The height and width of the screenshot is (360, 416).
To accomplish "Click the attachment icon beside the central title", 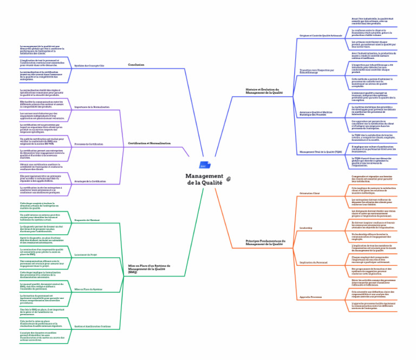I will click(x=229, y=178).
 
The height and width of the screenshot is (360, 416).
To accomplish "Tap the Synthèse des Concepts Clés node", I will click(x=89, y=66).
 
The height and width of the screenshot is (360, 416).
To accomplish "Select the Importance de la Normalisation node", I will click(x=92, y=107).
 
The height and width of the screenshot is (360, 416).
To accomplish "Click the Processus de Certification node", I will click(x=89, y=144).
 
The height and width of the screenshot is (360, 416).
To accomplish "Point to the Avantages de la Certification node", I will click(x=90, y=180).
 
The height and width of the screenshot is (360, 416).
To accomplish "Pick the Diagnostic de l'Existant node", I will click(x=87, y=220).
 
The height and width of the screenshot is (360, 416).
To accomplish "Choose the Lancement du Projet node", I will click(x=86, y=254).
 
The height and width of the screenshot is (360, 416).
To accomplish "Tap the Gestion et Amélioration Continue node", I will click(x=92, y=326).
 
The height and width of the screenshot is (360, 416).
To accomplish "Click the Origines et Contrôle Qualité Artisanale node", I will click(x=320, y=35).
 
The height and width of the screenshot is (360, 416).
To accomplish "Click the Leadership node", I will click(x=307, y=228).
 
